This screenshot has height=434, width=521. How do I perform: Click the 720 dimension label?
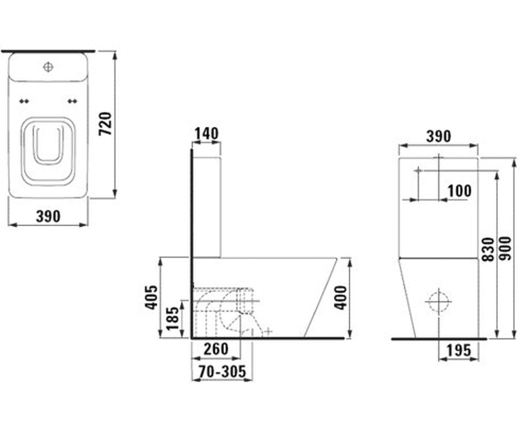105,124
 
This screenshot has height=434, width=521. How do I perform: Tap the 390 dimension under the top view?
48,216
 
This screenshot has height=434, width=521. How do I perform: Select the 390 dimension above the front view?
439,136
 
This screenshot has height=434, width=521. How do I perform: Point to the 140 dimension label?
206,134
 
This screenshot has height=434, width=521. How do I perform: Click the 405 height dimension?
152,298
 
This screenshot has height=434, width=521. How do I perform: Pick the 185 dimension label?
173,319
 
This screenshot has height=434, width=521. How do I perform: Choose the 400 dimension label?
340,298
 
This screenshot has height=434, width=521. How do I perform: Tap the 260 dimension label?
216,349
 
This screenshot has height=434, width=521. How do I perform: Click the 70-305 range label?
222,372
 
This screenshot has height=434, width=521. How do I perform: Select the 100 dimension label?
459,191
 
